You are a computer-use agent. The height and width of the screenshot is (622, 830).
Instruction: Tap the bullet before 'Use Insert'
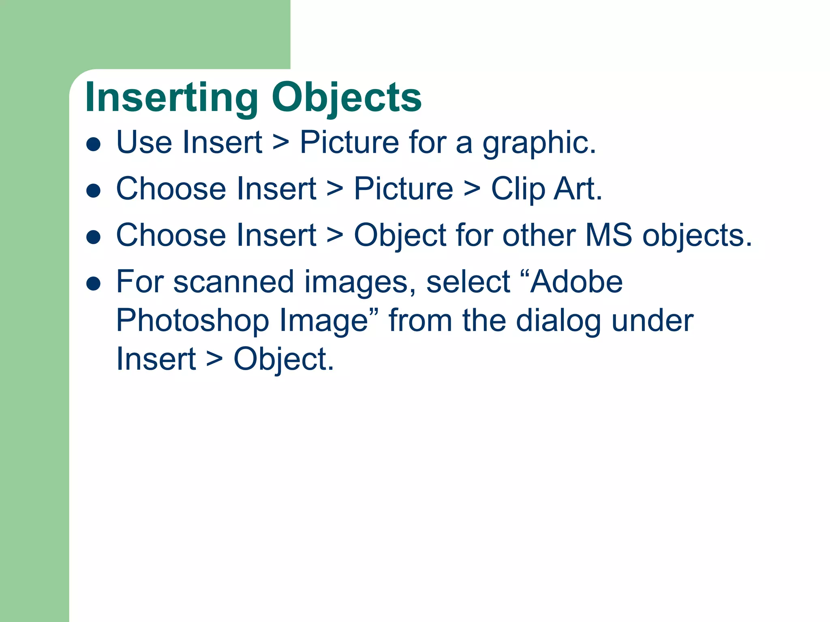tap(94, 144)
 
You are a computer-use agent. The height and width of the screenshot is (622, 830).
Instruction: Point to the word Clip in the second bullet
tap(518, 190)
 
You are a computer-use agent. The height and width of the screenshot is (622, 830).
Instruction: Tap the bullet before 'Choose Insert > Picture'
tap(94, 191)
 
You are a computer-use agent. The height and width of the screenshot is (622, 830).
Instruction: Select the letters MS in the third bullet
tap(608, 235)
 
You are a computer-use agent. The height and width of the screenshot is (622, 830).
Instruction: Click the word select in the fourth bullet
tap(468, 282)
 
